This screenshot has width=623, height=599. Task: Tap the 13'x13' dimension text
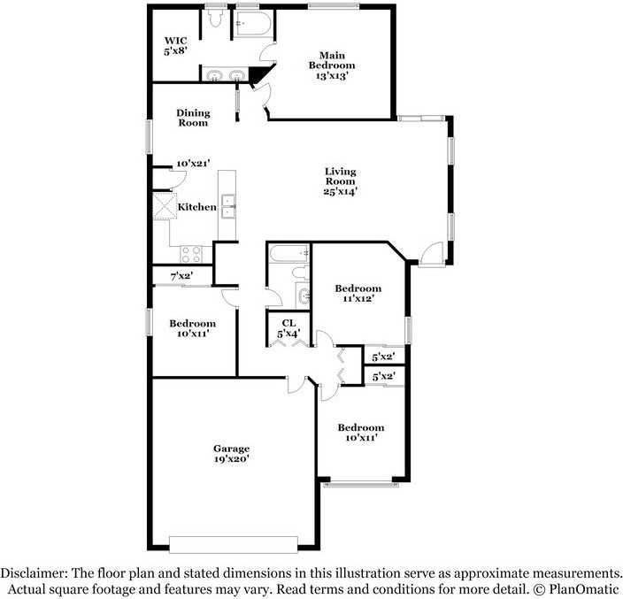(x=332, y=76)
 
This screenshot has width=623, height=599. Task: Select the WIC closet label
(x=174, y=40)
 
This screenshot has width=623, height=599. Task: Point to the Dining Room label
(x=192, y=118)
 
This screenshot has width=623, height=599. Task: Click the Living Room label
(x=340, y=176)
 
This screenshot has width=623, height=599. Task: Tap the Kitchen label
(x=196, y=207)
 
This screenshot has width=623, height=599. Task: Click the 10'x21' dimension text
(x=192, y=164)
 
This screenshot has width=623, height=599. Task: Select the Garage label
(x=230, y=448)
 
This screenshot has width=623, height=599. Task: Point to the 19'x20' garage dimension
(x=230, y=459)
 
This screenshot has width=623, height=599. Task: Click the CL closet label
(x=288, y=323)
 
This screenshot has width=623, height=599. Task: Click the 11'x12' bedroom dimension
(x=358, y=300)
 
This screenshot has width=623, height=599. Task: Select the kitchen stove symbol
(x=191, y=252)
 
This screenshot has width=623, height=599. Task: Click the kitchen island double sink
(x=228, y=206)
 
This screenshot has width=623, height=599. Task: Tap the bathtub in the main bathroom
(x=251, y=24)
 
